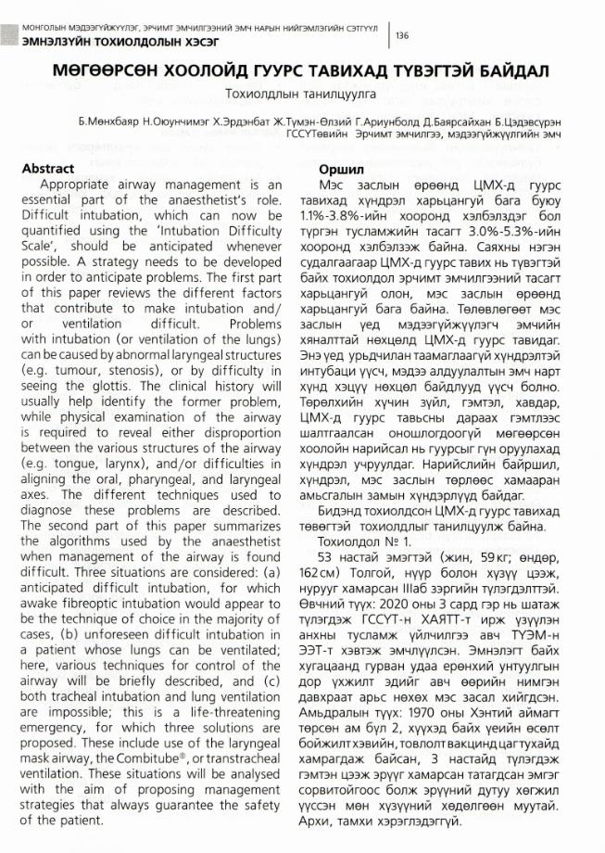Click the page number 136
(x=402, y=35)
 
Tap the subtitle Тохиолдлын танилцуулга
(x=302, y=94)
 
